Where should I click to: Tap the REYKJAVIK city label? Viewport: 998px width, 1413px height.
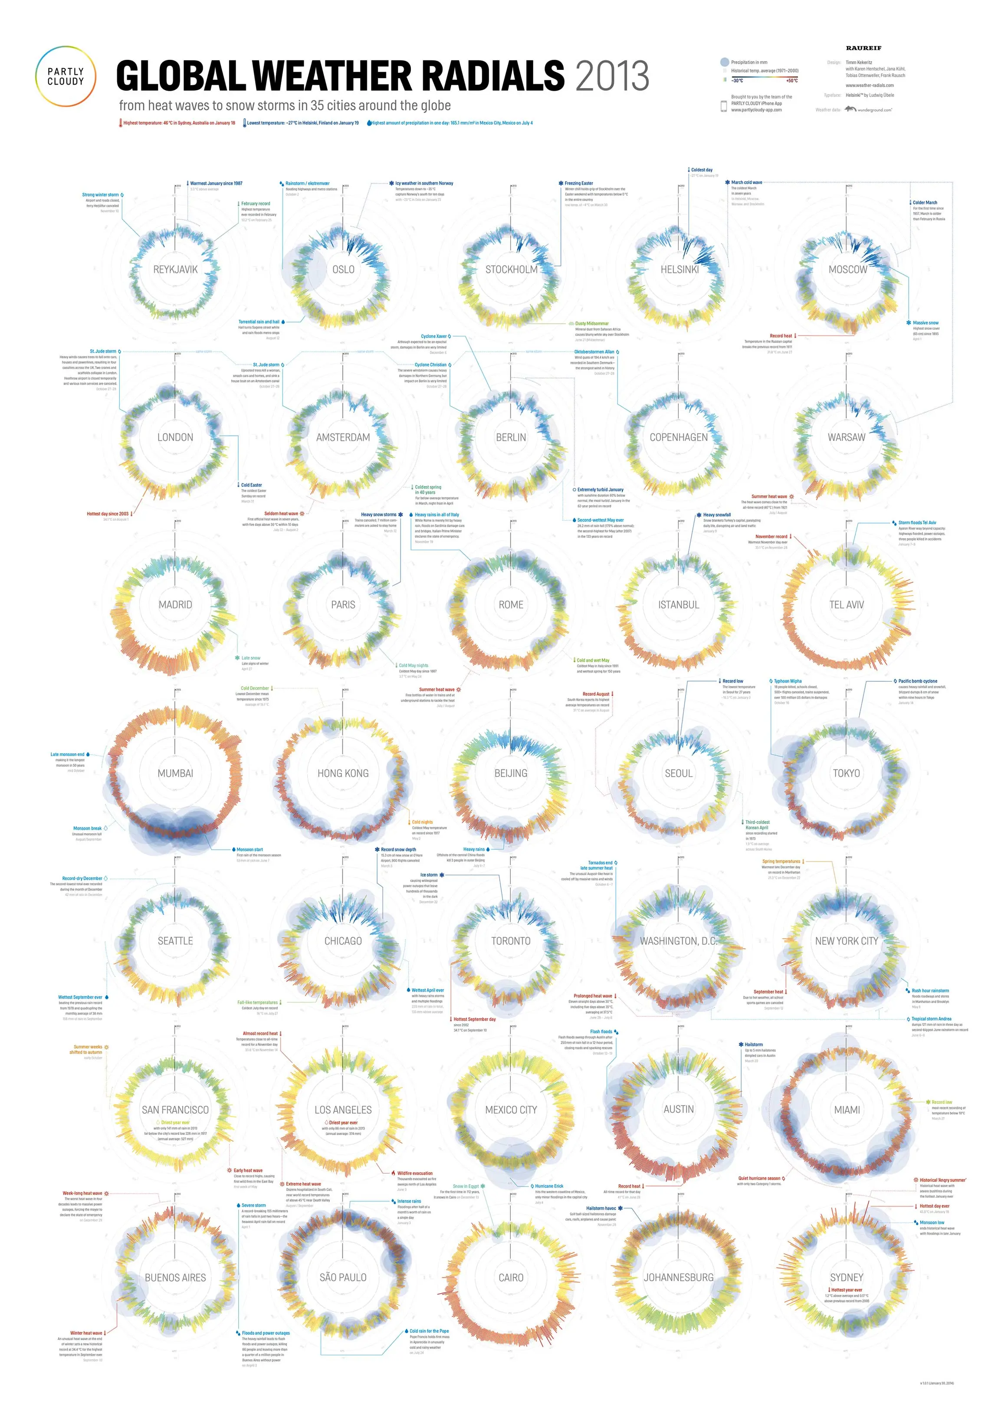coord(175,269)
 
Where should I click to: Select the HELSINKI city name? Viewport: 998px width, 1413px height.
coord(679,269)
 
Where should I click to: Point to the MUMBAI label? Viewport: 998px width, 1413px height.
coord(175,773)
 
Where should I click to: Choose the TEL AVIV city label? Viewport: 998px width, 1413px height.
coord(846,605)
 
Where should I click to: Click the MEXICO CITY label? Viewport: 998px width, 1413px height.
coord(511,1110)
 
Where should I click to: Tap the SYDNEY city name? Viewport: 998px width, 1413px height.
coord(846,1277)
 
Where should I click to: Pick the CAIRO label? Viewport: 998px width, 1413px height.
coord(511,1278)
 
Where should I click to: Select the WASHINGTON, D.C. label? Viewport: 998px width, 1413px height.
coord(679,941)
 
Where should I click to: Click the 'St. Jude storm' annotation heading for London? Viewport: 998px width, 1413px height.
coord(103,352)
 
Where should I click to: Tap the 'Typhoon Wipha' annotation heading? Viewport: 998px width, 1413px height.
coord(788,681)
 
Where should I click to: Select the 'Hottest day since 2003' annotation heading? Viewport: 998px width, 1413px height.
coord(107,514)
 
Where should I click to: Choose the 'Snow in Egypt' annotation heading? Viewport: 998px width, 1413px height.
coord(465,1186)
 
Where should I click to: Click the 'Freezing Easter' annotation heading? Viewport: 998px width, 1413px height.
coord(578,184)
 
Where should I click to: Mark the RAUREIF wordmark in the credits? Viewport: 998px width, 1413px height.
coord(863,48)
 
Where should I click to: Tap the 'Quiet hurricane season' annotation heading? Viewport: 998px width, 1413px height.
coord(758,1178)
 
